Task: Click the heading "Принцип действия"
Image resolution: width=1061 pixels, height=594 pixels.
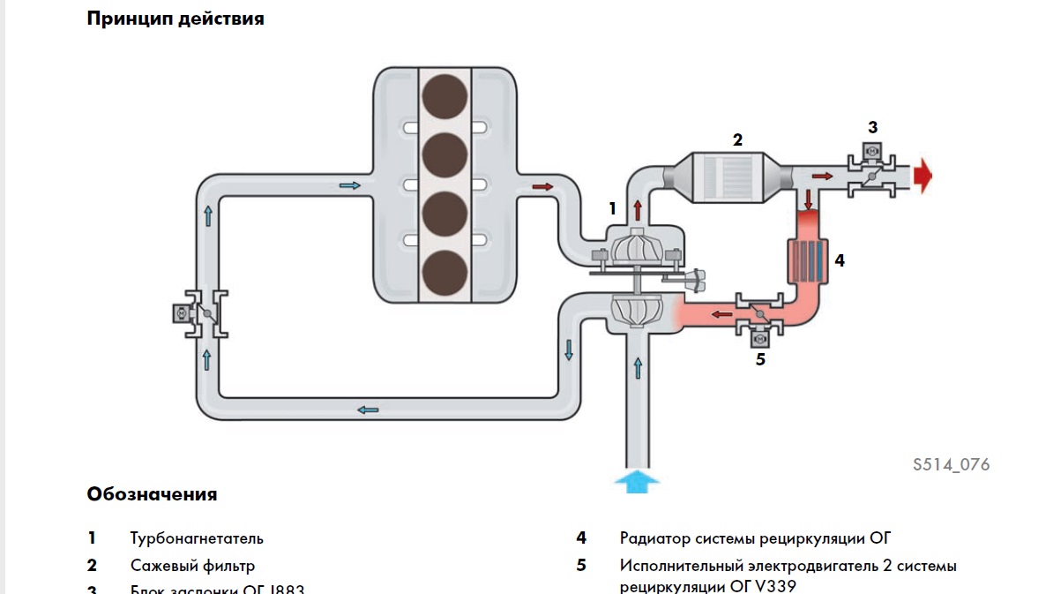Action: tap(176, 19)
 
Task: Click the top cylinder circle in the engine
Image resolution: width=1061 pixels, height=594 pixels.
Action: tap(445, 97)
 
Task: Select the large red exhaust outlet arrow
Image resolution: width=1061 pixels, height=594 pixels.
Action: tap(923, 176)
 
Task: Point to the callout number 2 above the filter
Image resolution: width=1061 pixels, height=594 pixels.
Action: tap(737, 139)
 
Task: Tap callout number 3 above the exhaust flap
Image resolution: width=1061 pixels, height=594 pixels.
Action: tap(872, 127)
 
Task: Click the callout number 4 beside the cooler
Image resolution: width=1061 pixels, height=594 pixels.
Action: tap(840, 261)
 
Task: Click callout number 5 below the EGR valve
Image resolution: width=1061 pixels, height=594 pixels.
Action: tap(760, 359)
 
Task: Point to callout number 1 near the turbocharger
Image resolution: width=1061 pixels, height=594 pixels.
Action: tap(612, 209)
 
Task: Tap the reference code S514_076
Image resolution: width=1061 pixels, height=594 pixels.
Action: tap(951, 464)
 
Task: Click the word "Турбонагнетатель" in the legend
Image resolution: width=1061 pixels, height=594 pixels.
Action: tap(197, 538)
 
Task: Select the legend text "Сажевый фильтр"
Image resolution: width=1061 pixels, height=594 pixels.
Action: tap(192, 566)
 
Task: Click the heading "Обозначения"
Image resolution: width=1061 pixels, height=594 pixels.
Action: tap(152, 494)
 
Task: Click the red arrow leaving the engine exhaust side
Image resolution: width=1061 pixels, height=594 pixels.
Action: tap(542, 186)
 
